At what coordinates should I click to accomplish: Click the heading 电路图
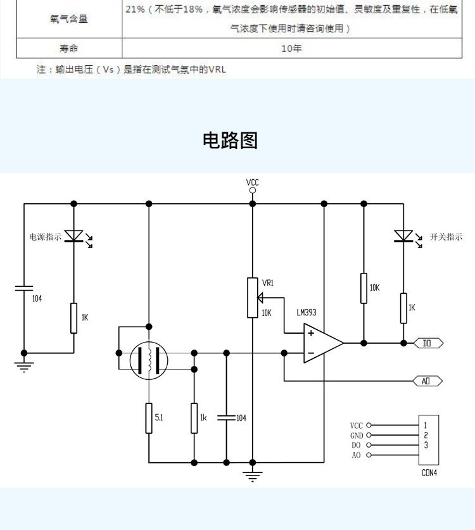pos(231,141)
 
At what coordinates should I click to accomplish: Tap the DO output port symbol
pos(428,343)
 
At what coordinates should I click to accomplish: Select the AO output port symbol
pos(427,381)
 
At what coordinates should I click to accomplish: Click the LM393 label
pos(307,312)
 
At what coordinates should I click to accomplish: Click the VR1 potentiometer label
pos(268,282)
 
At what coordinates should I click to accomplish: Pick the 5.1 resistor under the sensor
pos(149,418)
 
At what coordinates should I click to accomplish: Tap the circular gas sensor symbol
pos(149,360)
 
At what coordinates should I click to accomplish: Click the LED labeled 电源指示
pos(74,236)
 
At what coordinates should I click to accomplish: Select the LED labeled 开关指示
pos(403,236)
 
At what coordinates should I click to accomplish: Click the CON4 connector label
pos(429,472)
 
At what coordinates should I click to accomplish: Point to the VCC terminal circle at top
pos(253,191)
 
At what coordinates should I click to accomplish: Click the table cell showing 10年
pos(291,48)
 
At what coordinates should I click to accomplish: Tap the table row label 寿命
pos(69,48)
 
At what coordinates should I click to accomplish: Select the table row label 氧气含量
pos(69,19)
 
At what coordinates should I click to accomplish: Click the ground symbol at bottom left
pos(24,367)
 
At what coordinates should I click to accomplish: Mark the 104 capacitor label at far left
pos(37,298)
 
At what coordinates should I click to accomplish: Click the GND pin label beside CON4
pos(357,436)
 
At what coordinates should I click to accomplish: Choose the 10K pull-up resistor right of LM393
pos(364,288)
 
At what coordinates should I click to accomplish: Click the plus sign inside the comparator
pos(311,333)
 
